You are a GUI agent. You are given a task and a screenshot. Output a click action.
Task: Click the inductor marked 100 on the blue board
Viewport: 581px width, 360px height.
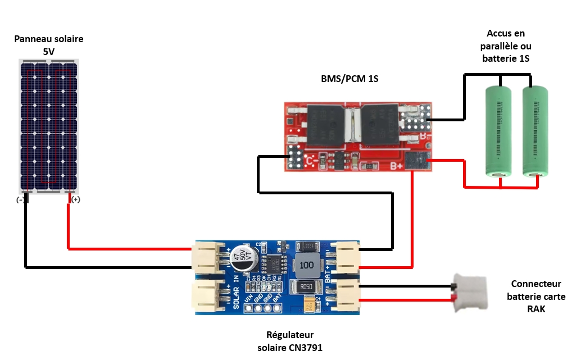[306, 265]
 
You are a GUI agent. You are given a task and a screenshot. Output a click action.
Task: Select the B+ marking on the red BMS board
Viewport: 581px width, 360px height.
[396, 166]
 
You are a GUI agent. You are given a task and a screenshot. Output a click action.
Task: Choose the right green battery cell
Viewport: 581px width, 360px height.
[535, 131]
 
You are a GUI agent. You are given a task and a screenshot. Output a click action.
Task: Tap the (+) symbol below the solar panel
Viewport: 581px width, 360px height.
[76, 199]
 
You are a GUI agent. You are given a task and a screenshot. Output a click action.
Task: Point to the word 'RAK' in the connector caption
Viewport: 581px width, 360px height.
[536, 309]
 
